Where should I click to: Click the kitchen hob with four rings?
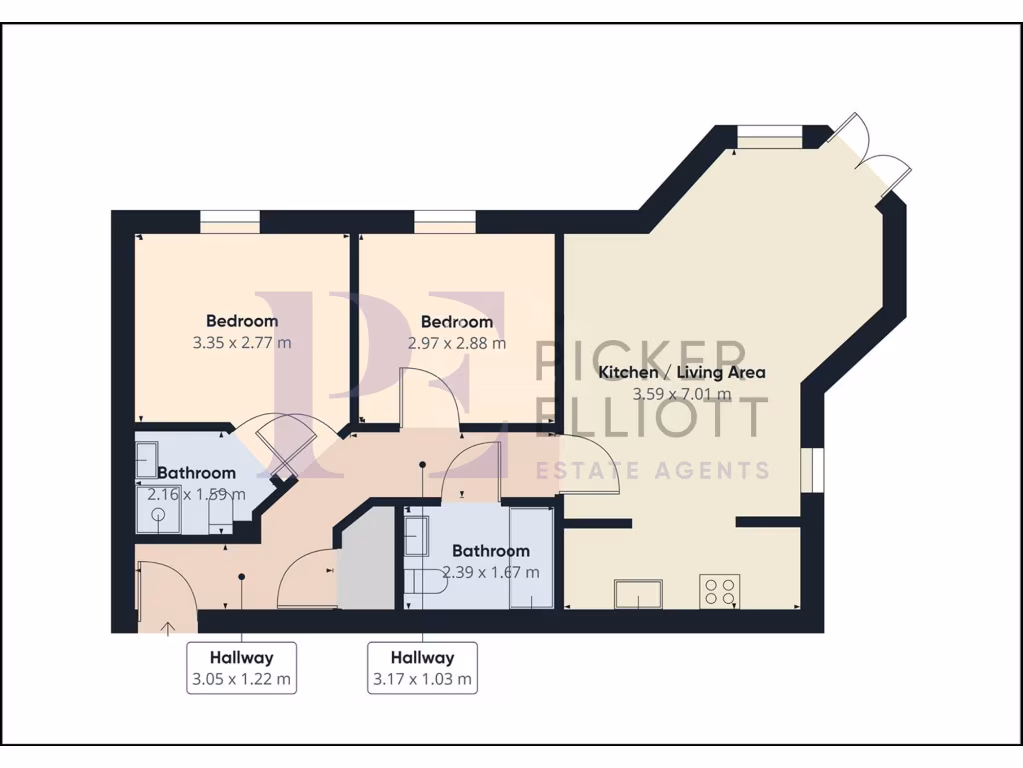(x=720, y=591)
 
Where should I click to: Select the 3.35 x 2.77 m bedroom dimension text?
(x=242, y=343)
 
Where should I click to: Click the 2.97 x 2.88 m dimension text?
(x=456, y=343)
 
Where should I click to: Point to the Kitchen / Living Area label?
(x=681, y=373)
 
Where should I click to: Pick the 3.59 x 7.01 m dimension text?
(x=681, y=394)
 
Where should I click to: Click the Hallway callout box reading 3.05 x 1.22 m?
(x=241, y=669)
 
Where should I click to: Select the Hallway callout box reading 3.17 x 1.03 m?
(x=422, y=669)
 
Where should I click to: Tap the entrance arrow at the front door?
(x=167, y=627)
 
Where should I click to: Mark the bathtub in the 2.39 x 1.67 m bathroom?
(x=530, y=557)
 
